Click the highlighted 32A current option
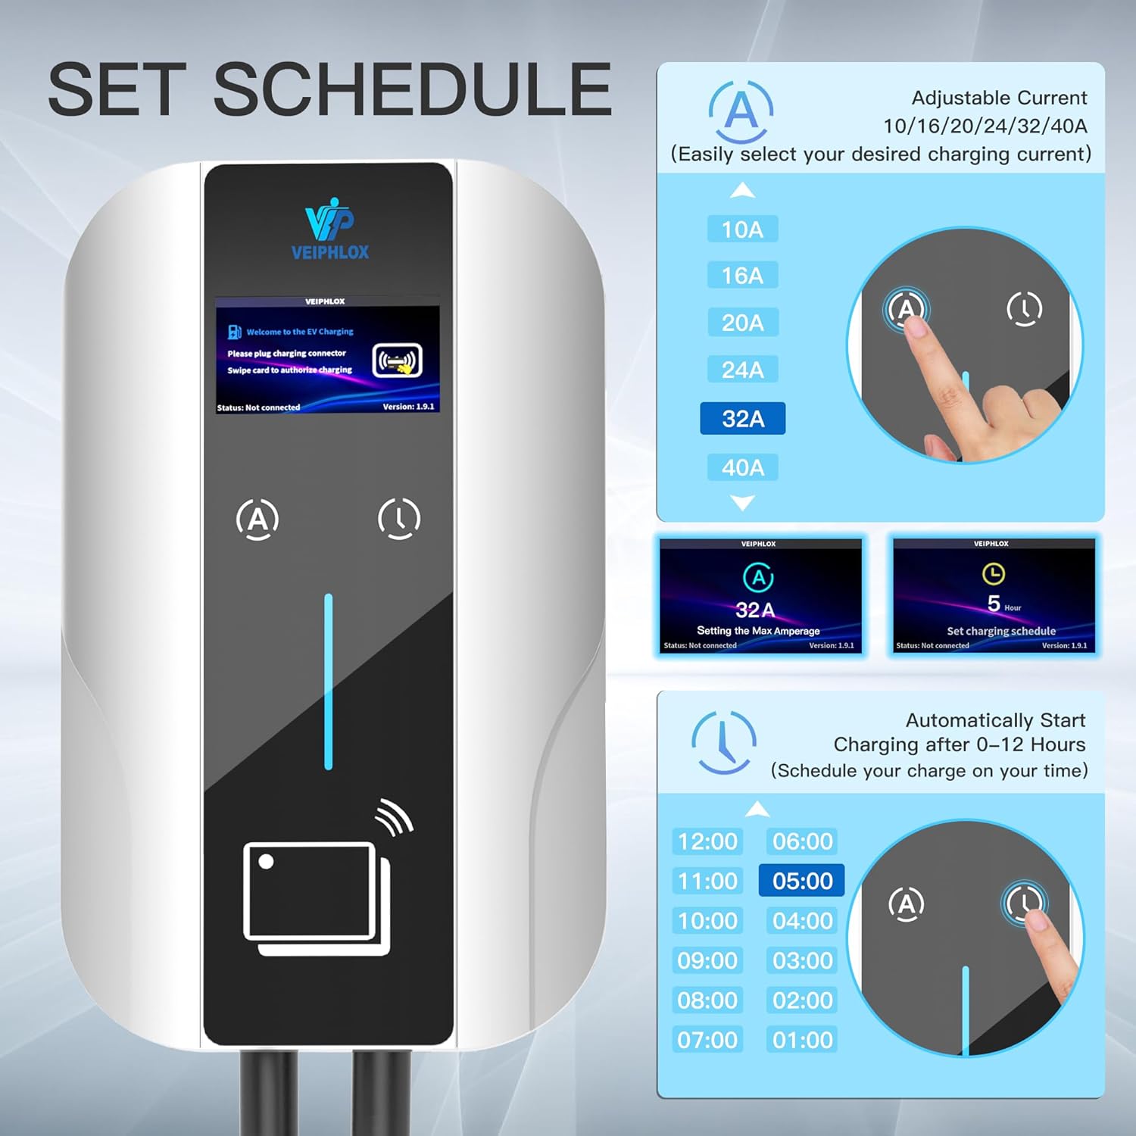coord(742,418)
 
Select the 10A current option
coord(742,229)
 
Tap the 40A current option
coord(742,467)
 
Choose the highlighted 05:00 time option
coord(802,881)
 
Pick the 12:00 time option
coord(707,841)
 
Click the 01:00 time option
coord(802,1040)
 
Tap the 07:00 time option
coord(707,1040)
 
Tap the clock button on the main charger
coord(399,518)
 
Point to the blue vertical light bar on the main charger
coord(328,682)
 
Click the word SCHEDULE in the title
coord(413,89)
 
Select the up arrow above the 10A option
coord(742,190)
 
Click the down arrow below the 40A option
coord(742,503)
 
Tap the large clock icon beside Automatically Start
coord(723,742)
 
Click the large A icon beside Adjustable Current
coord(741,112)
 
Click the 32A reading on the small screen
coord(755,610)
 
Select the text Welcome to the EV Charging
coord(300,332)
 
